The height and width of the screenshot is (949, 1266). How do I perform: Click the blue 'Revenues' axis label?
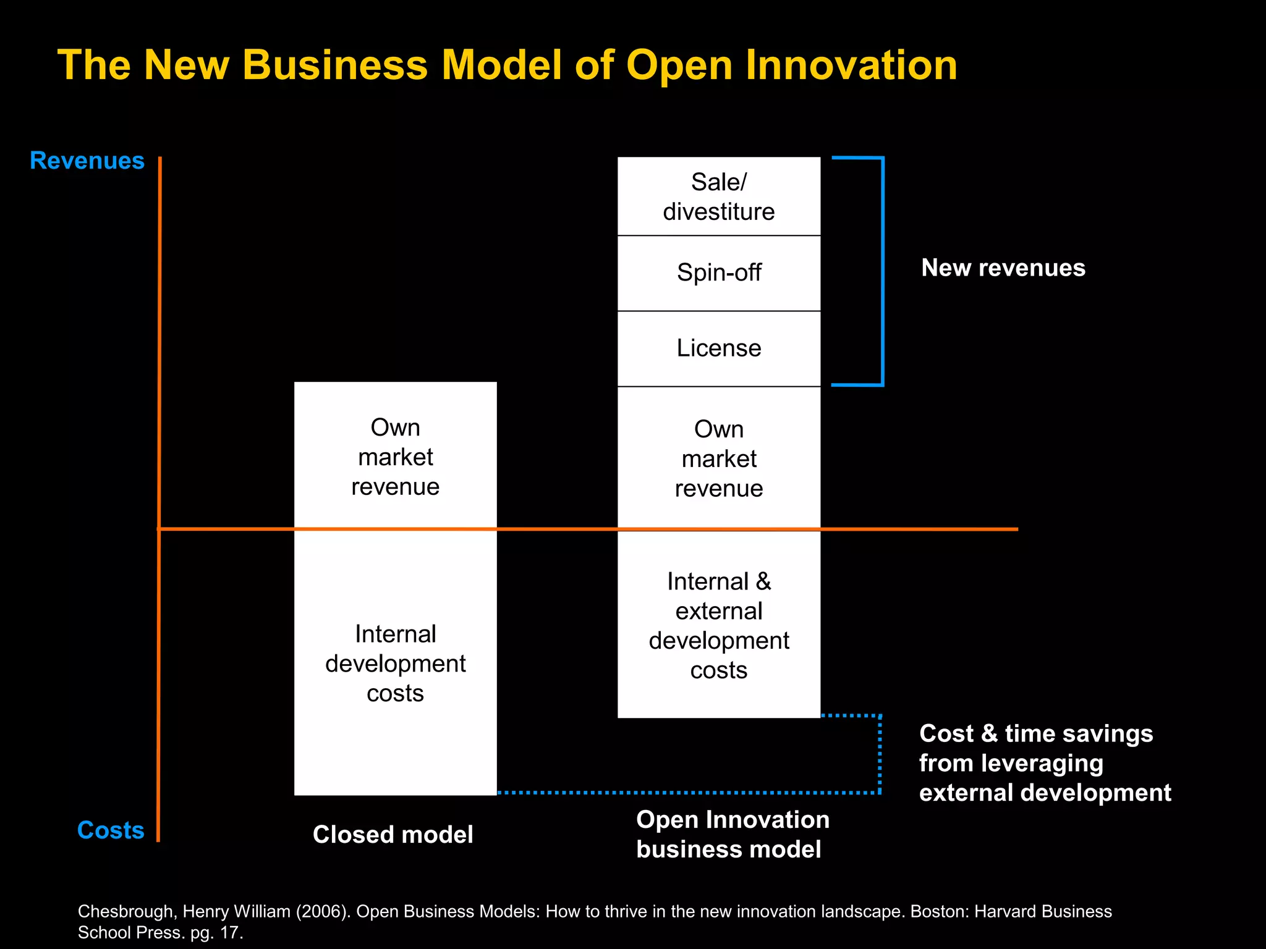(87, 161)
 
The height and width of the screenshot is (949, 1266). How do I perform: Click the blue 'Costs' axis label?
(111, 830)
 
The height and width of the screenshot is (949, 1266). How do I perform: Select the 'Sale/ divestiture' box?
(719, 196)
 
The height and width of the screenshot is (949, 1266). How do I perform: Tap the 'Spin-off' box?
(719, 273)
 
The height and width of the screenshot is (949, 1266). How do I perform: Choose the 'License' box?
(719, 348)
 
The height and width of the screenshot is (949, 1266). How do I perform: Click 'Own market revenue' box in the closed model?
(396, 456)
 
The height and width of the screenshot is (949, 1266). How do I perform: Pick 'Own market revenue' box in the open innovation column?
(719, 458)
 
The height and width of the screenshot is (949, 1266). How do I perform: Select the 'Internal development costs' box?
(396, 663)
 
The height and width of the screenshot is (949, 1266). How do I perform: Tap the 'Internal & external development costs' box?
(719, 625)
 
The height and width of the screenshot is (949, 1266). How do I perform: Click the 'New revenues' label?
(1003, 268)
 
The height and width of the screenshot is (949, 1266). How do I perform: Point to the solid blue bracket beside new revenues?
(882, 272)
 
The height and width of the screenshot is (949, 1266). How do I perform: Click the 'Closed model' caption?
(393, 835)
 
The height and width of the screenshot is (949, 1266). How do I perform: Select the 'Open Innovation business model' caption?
(733, 834)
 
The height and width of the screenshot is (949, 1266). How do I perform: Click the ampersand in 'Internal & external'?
(763, 581)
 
